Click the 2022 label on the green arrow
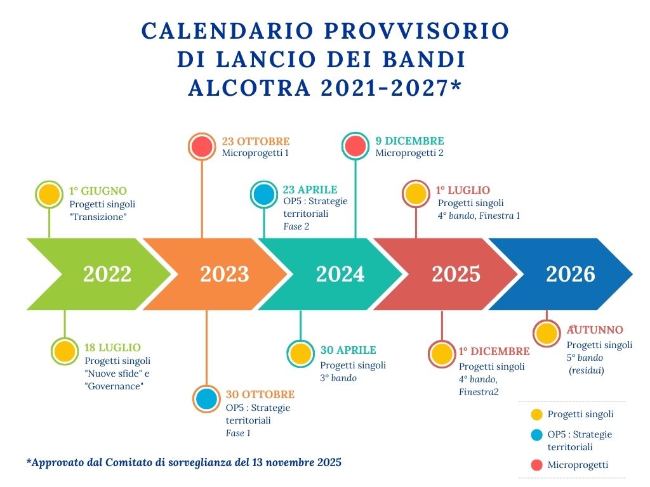click(107, 274)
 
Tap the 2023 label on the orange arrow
click(225, 274)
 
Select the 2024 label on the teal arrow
click(340, 274)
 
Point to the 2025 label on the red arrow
click(456, 274)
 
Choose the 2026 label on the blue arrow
click(571, 274)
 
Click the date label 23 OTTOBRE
click(256, 141)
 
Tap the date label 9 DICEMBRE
click(409, 141)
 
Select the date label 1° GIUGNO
click(98, 191)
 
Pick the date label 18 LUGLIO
click(113, 347)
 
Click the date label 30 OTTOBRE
click(260, 394)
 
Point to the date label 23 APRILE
click(310, 190)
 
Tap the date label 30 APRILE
click(348, 350)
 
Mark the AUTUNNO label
click(595, 330)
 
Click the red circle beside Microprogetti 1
click(202, 146)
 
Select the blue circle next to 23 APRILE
click(264, 194)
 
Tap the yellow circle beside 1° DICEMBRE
click(442, 354)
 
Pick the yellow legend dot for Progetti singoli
click(537, 414)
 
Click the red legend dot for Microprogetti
click(537, 465)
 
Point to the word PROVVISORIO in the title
click(416, 30)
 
